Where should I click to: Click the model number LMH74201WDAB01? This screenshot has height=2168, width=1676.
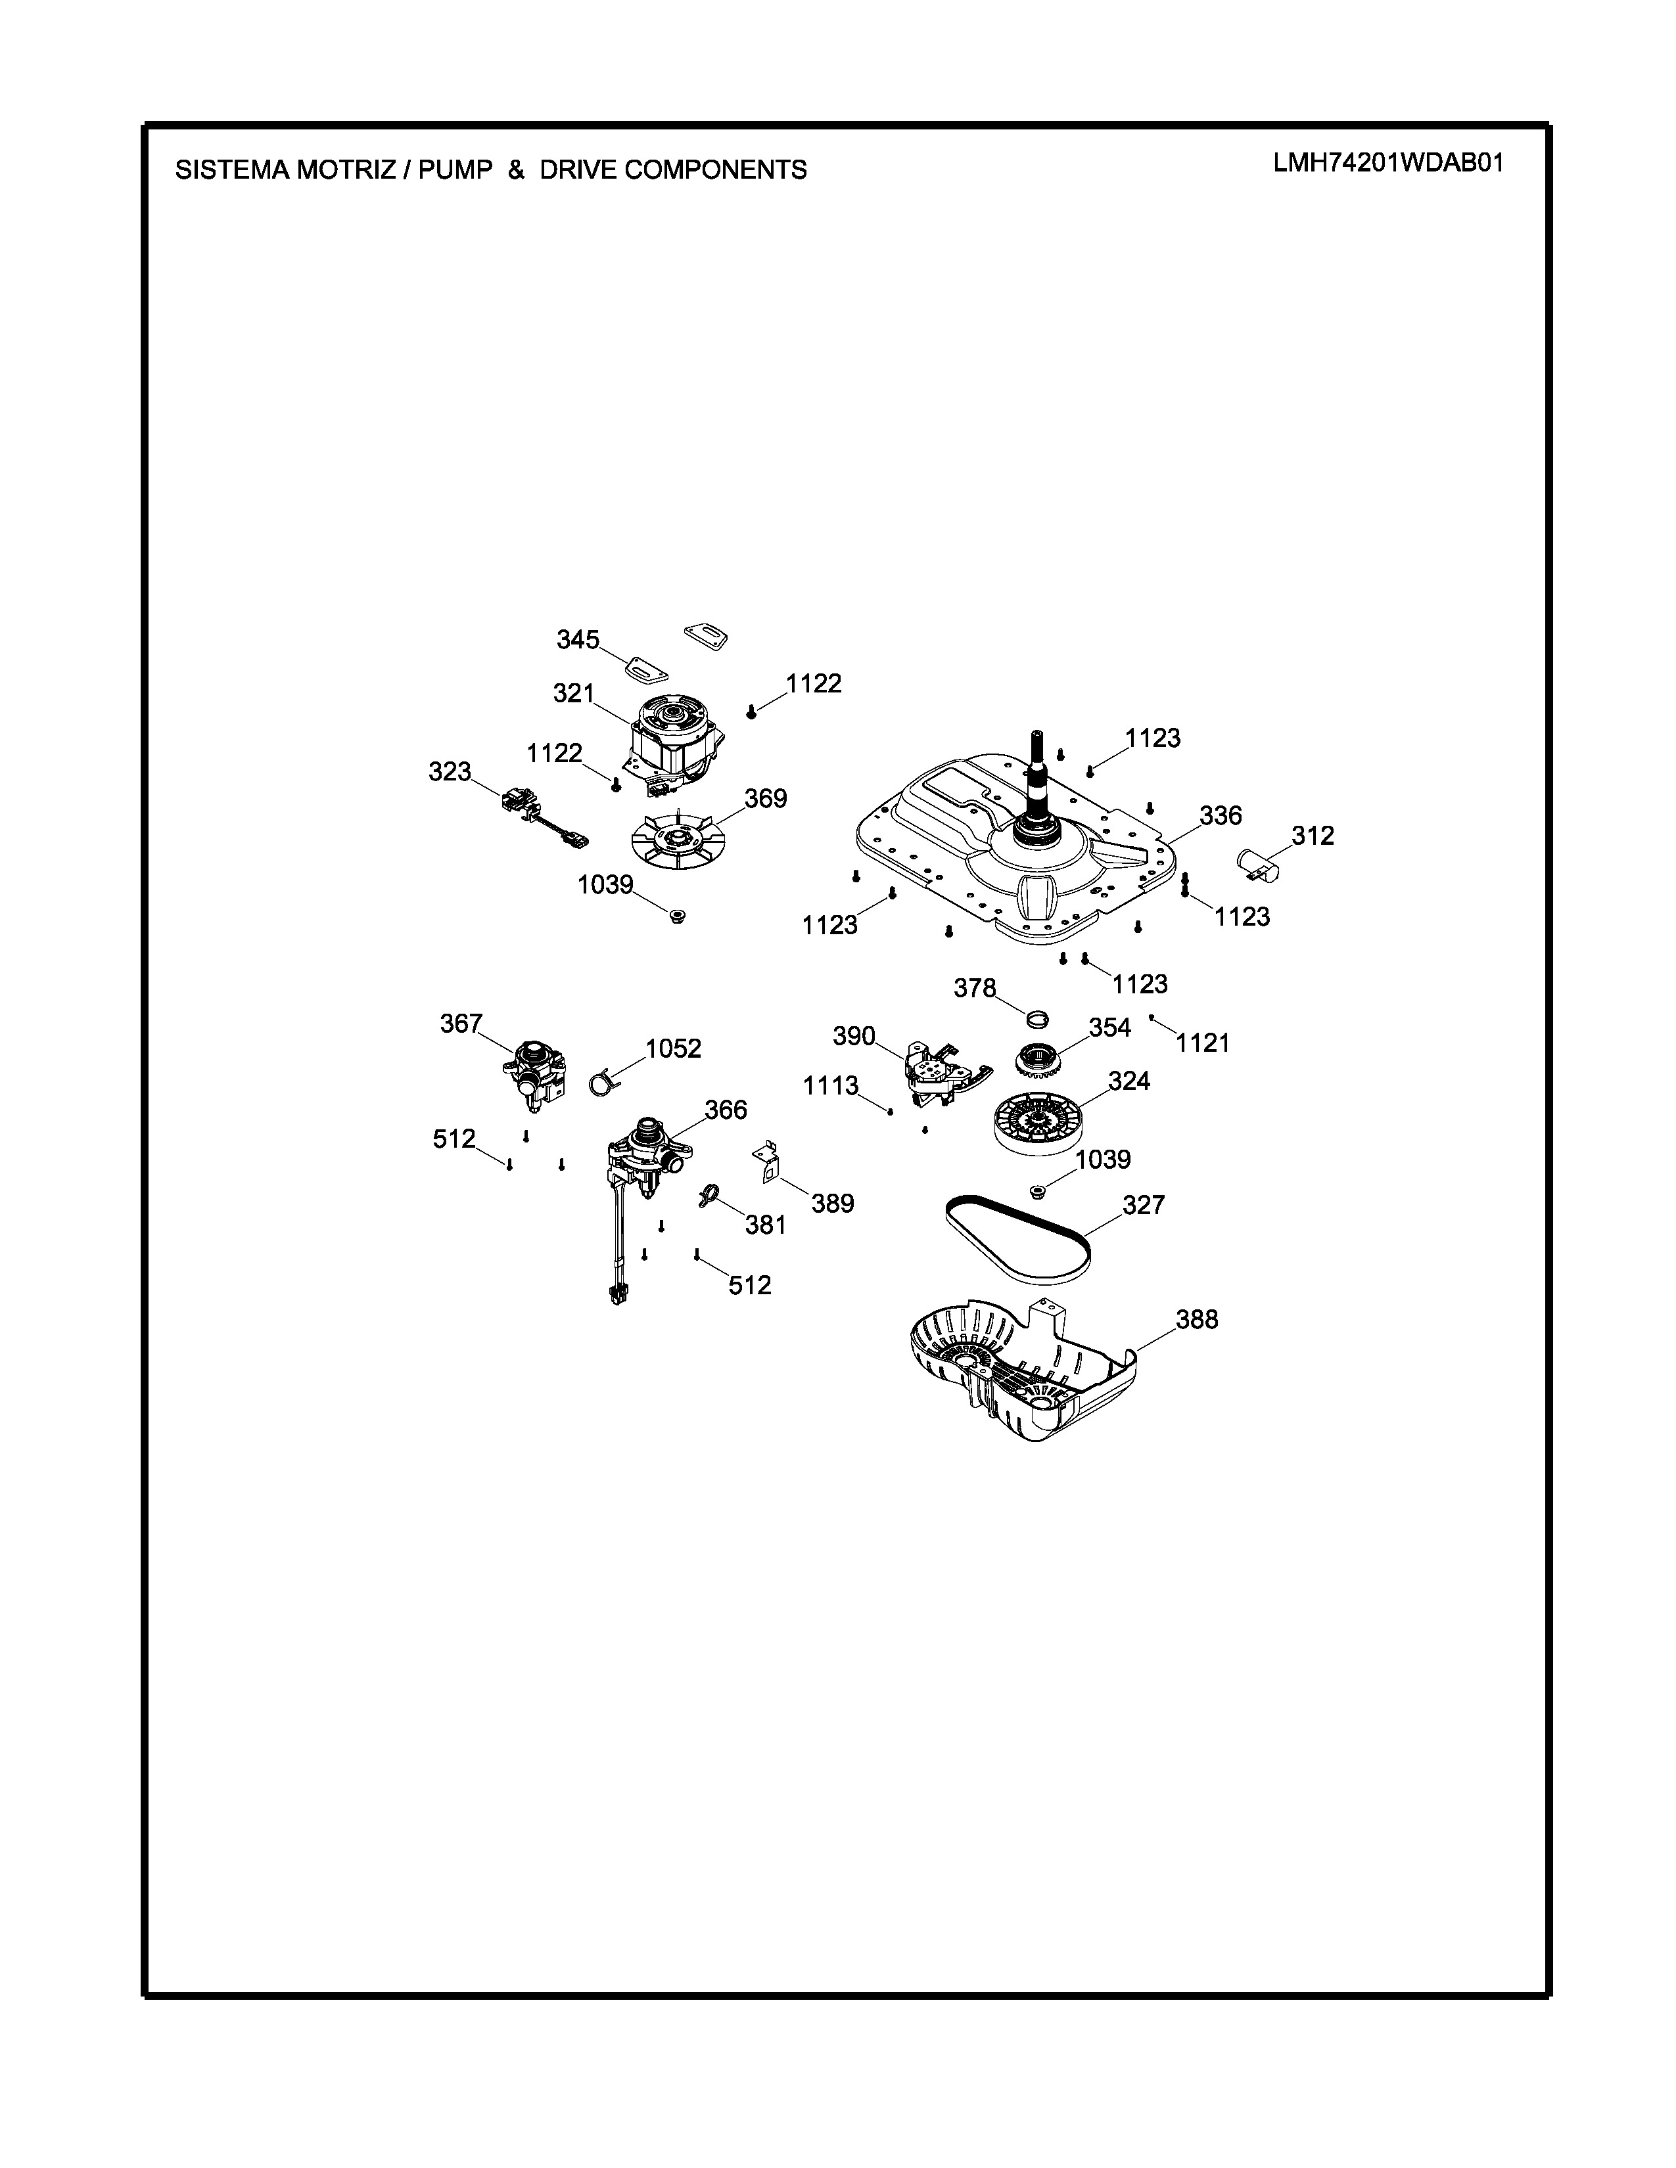pos(1388,163)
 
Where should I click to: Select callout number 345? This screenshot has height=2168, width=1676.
pos(577,641)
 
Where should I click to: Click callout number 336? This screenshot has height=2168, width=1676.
pos(1221,816)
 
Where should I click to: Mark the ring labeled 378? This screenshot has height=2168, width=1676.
pos(1038,1018)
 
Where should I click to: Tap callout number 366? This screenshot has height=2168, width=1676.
pos(725,1110)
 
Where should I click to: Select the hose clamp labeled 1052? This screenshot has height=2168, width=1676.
pos(601,1082)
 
